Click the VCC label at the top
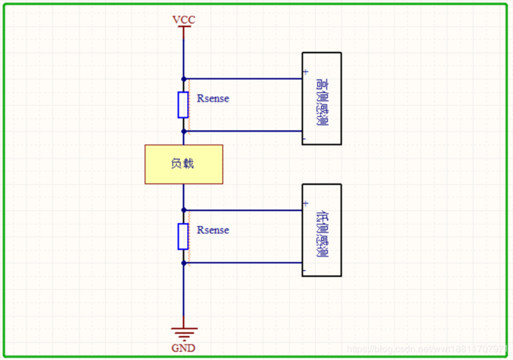point(183,19)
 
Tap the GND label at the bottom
point(183,348)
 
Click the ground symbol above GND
point(183,333)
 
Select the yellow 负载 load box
point(183,164)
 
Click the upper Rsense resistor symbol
point(183,105)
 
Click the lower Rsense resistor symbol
point(183,237)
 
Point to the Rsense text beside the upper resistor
point(213,99)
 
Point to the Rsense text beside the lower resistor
point(213,230)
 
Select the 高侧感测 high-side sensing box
point(322,99)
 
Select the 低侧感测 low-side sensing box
point(322,230)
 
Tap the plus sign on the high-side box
point(306,72)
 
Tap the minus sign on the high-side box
point(305,138)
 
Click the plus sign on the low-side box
point(306,204)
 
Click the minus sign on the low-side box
point(305,270)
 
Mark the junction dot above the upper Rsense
point(183,78)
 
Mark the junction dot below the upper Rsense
point(183,131)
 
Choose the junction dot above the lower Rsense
point(183,210)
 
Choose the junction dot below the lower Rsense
point(183,263)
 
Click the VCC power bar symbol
point(183,28)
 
